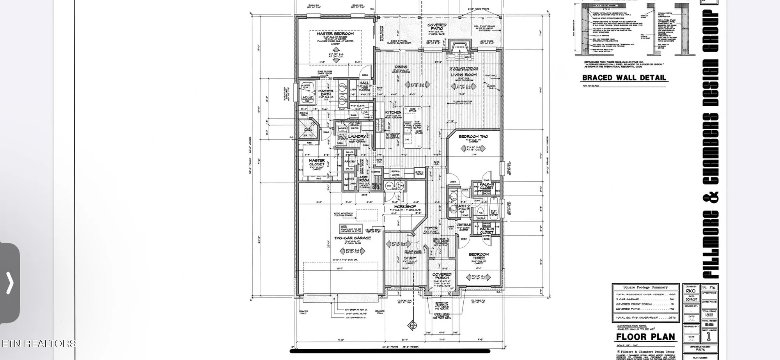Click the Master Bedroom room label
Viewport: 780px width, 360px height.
click(335, 34)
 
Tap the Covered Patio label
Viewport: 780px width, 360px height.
click(437, 27)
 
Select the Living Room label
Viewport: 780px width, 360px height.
click(464, 74)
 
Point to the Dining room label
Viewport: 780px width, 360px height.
click(401, 67)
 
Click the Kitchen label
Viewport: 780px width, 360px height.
click(393, 112)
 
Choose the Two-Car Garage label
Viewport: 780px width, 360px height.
click(353, 238)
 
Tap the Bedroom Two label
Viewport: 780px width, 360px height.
click(473, 137)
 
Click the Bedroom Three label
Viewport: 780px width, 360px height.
click(479, 256)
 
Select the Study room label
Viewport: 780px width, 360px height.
click(410, 258)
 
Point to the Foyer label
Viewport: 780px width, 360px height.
click(431, 228)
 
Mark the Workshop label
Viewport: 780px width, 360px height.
click(405, 206)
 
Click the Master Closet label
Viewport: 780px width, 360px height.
click(317, 162)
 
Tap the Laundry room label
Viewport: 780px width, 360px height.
click(356, 137)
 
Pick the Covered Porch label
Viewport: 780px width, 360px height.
click(442, 276)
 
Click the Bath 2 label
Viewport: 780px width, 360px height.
click(463, 206)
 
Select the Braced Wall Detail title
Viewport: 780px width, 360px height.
click(624, 78)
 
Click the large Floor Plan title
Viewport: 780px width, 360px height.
click(645, 337)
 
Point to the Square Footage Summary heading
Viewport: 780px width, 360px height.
click(645, 287)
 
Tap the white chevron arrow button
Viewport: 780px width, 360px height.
click(10, 282)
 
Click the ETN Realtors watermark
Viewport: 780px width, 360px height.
click(38, 343)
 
